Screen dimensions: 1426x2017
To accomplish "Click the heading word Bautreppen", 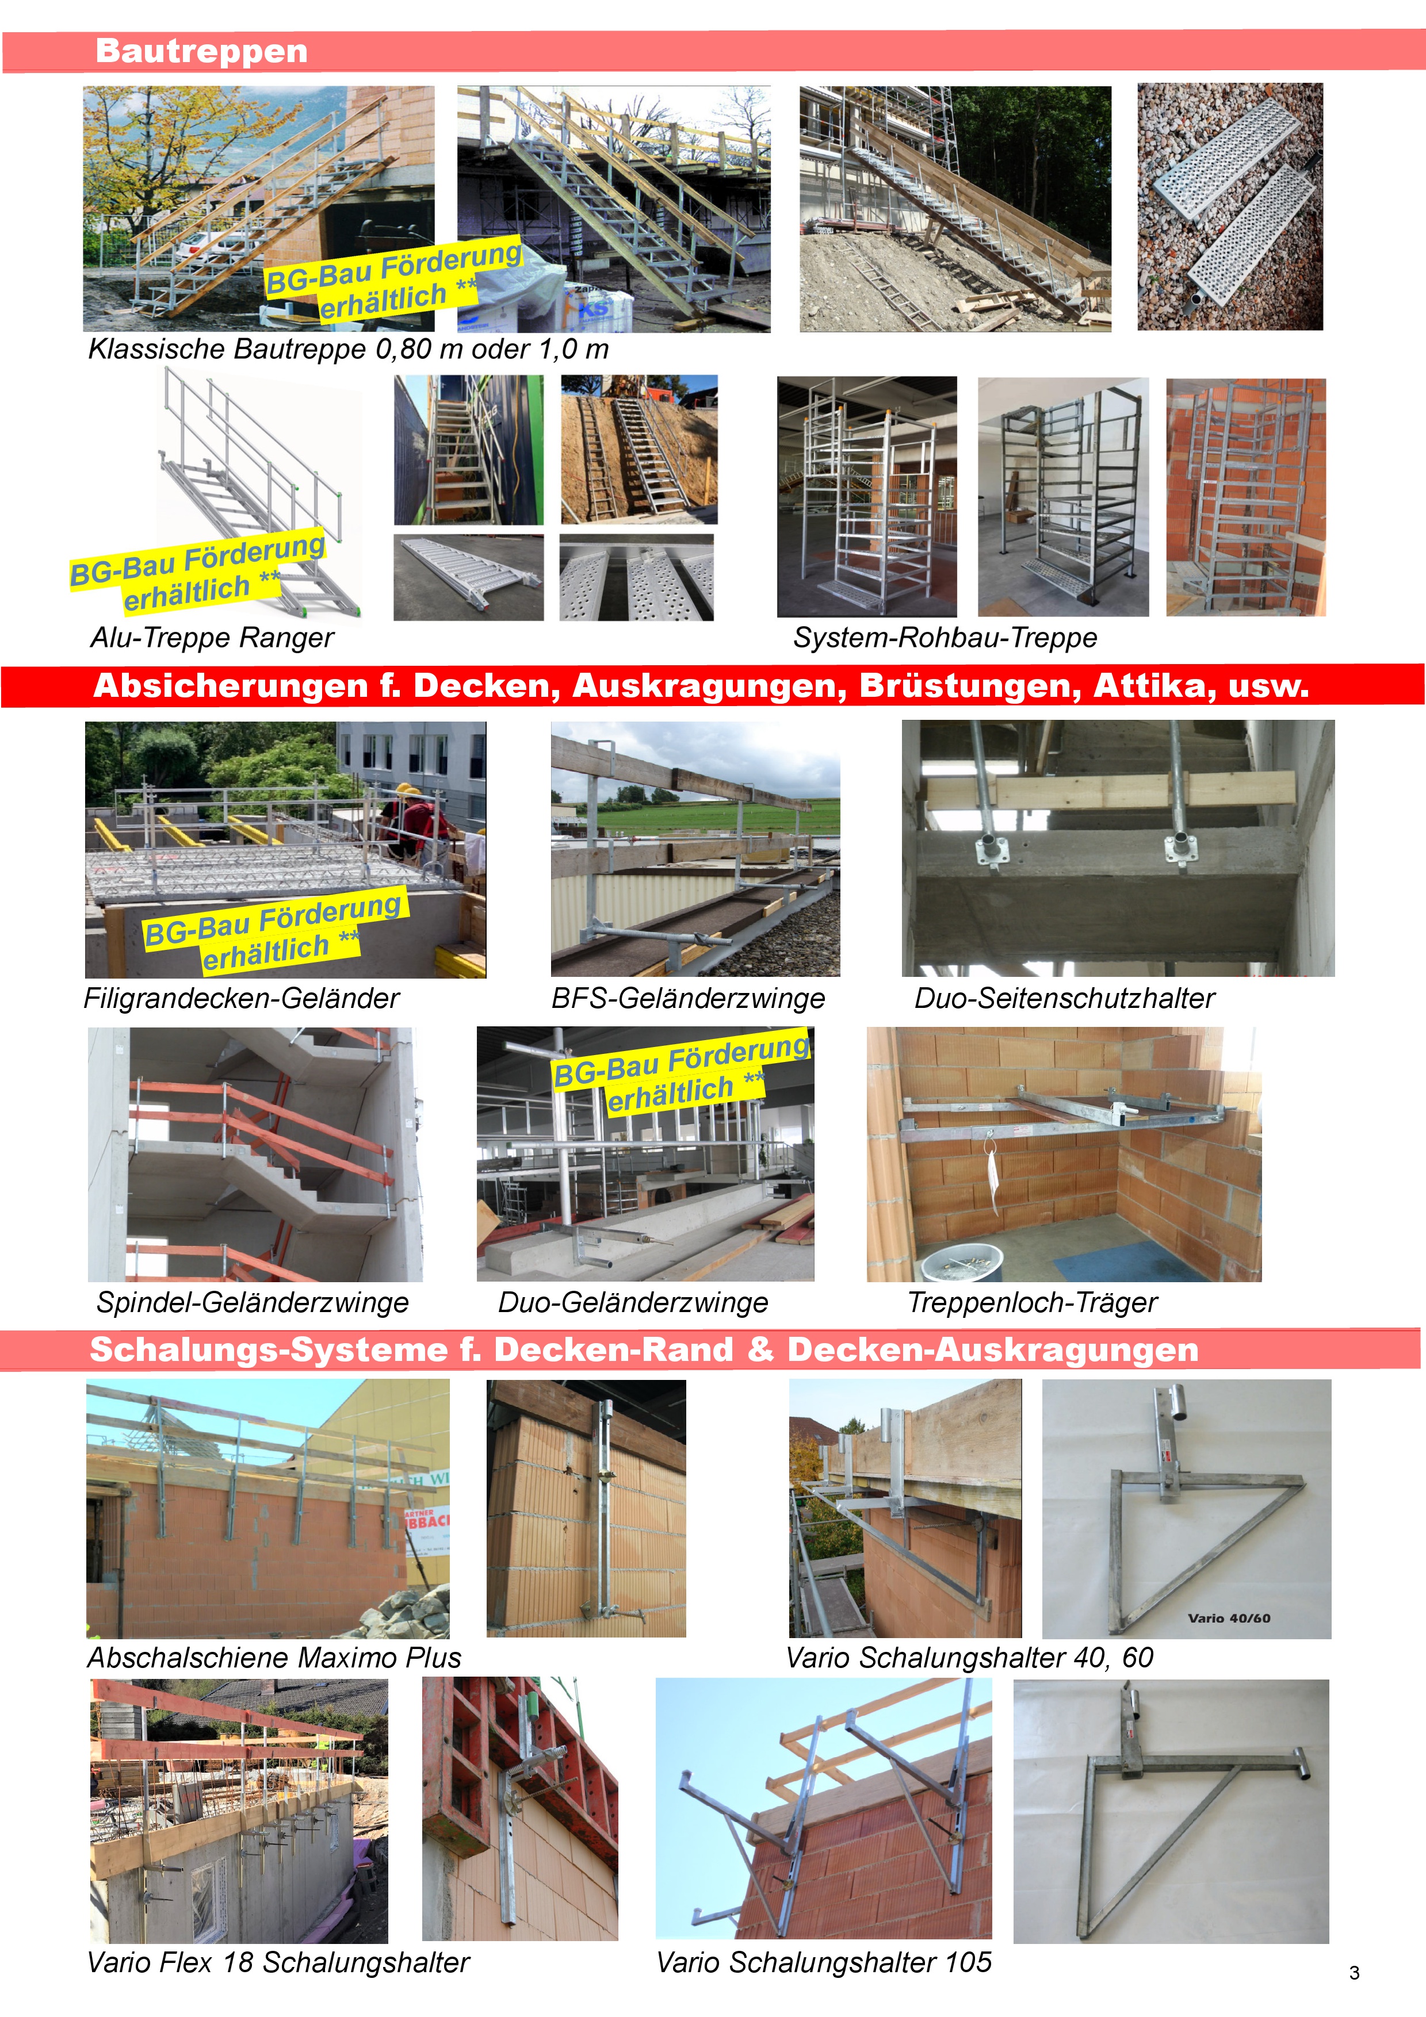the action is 201,51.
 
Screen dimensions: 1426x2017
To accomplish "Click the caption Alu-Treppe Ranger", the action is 212,638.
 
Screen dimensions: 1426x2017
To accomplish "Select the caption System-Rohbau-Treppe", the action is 945,638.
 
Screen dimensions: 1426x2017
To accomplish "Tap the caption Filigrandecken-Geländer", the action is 241,999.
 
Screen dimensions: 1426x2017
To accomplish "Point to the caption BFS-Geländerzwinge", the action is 688,999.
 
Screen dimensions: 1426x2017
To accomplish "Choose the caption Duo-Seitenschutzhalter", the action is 1064,999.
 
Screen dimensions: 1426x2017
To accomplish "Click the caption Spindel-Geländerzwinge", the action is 252,1303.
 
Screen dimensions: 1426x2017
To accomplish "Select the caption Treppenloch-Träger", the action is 1033,1303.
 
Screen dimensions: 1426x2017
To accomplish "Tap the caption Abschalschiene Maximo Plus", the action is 274,1658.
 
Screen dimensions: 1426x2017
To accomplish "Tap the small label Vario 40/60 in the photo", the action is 1228,1618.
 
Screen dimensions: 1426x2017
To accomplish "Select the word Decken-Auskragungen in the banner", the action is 992,1350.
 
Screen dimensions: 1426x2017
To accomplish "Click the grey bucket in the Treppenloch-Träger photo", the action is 961,1263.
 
